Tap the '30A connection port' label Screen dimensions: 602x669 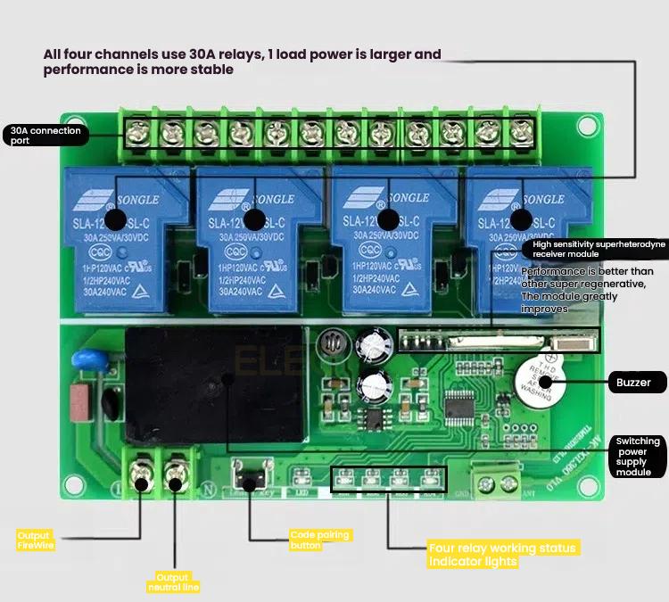click(45, 136)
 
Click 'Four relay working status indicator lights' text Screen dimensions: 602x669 click(502, 555)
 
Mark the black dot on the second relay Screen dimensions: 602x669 click(253, 219)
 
